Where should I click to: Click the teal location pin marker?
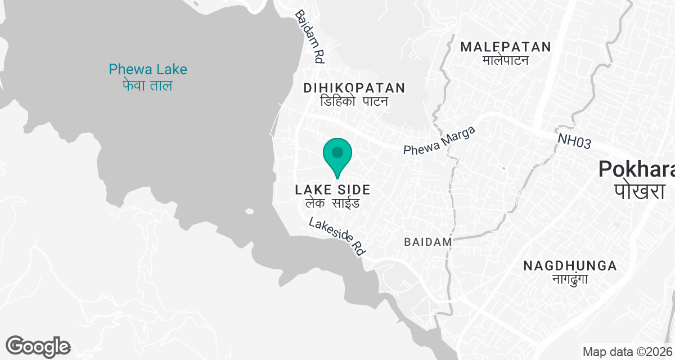point(337,155)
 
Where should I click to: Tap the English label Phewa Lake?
point(148,70)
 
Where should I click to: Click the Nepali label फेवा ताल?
point(147,85)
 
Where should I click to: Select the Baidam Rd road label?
point(310,36)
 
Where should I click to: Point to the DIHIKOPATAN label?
point(354,88)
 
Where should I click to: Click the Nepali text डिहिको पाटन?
point(354,102)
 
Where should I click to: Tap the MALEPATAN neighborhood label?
point(506,47)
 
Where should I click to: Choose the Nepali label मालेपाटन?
point(506,60)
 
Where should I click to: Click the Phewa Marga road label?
point(439,141)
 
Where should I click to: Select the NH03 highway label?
point(574,141)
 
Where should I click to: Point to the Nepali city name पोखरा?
point(639,191)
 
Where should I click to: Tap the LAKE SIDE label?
point(333,190)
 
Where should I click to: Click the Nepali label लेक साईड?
point(333,203)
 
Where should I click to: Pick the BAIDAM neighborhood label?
point(428,242)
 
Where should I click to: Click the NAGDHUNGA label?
point(570,265)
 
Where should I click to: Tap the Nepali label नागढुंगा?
point(570,279)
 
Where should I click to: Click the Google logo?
point(38,346)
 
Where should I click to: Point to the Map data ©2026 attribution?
point(627,352)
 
